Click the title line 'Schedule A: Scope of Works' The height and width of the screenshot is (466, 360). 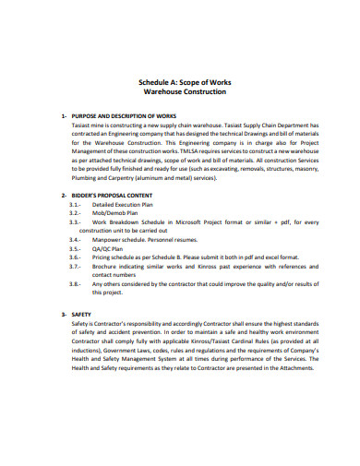tap(179, 83)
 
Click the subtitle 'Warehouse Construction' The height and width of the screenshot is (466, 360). tap(179, 93)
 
